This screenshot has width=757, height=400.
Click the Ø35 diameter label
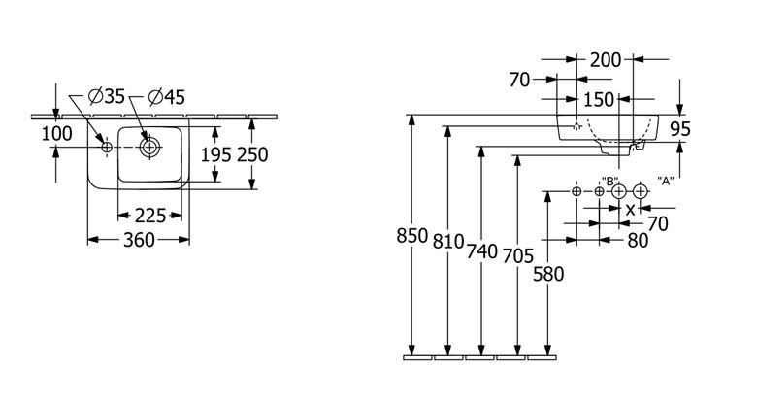[x=107, y=97]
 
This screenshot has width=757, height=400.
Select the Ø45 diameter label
[x=167, y=97]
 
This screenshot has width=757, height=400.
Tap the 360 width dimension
[x=139, y=240]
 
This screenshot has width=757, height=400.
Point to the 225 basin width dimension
[x=150, y=216]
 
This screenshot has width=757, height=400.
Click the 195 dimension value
[x=215, y=154]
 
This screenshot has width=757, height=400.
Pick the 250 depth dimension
[x=252, y=154]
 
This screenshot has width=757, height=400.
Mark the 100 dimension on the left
[x=56, y=133]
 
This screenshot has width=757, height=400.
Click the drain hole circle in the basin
[x=149, y=147]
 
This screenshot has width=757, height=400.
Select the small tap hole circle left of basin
[x=107, y=147]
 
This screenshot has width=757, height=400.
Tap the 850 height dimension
[x=412, y=236]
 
